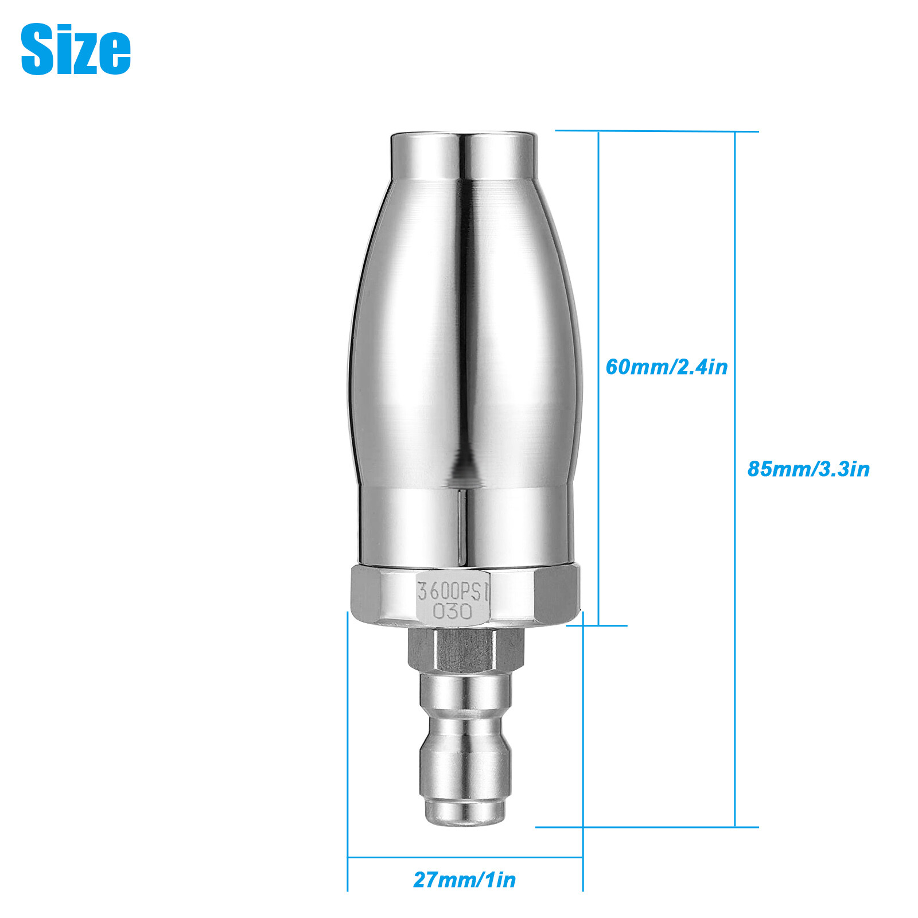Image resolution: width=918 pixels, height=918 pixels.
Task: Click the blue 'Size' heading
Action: tap(76, 49)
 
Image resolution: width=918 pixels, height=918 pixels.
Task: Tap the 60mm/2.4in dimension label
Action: tap(667, 367)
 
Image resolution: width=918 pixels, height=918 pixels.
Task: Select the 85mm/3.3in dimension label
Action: tap(808, 469)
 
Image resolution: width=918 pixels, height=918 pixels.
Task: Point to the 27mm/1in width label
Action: tap(464, 880)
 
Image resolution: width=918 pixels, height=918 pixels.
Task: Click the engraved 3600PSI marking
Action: tap(453, 590)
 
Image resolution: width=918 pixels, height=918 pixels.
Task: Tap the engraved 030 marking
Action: tap(453, 611)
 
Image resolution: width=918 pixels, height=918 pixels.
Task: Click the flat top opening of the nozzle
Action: tap(464, 135)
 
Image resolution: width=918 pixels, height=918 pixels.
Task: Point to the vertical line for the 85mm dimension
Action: tap(735, 479)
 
